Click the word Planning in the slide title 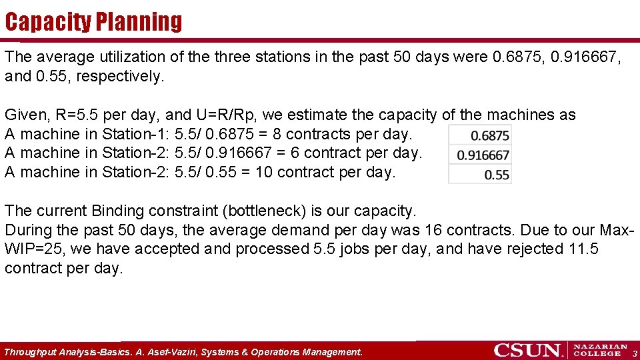click(x=138, y=22)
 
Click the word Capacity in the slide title click(x=48, y=22)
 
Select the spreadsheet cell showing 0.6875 click(x=480, y=135)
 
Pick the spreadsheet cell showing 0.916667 click(x=480, y=155)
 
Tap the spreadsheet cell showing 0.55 click(x=480, y=175)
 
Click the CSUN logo click(x=529, y=350)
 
